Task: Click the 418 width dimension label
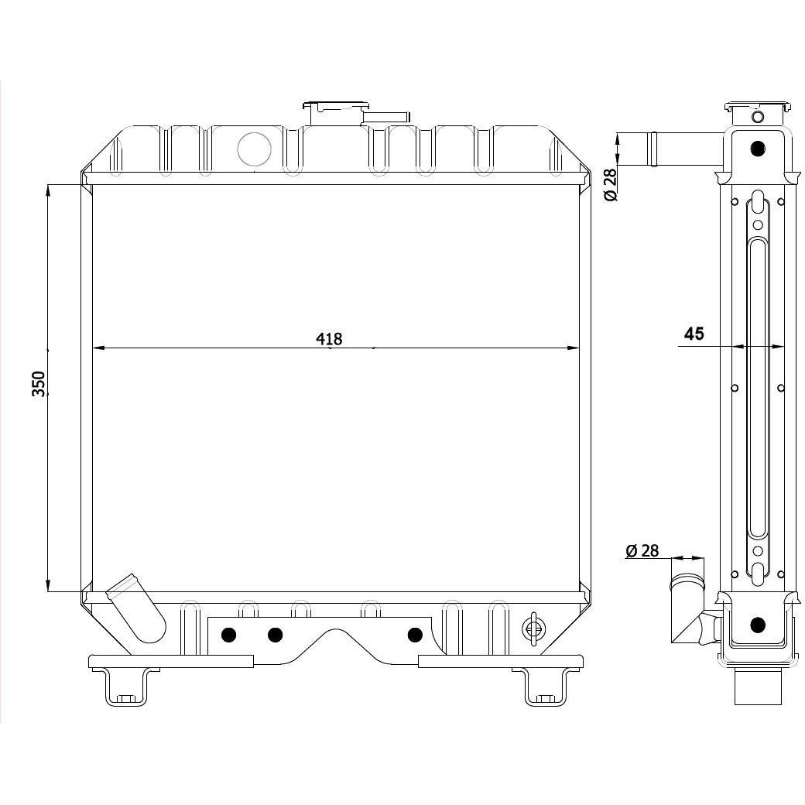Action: click(x=328, y=338)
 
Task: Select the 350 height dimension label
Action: click(x=39, y=383)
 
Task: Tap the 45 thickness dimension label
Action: click(x=694, y=334)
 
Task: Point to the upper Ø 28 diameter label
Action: click(x=611, y=185)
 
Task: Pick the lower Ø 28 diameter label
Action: click(x=642, y=551)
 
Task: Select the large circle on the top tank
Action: click(x=254, y=149)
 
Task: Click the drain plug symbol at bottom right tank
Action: click(x=533, y=628)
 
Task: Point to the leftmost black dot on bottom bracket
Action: click(x=228, y=635)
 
